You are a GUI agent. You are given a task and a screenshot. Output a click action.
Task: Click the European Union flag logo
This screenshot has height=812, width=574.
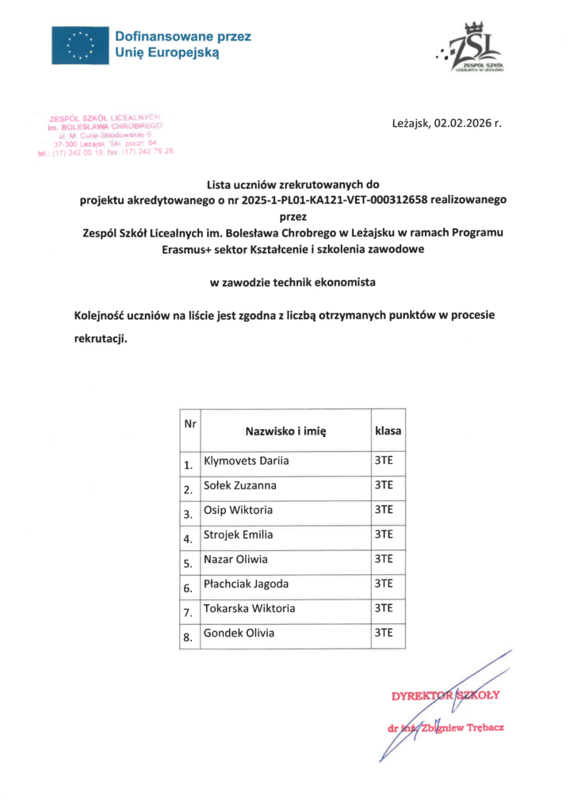pos(78,44)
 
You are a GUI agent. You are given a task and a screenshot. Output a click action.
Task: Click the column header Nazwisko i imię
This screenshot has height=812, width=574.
pos(285,431)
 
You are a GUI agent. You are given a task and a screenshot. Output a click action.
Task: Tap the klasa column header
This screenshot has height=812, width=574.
pos(388,431)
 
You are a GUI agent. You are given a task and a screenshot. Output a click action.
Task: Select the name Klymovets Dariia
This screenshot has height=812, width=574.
pos(247,461)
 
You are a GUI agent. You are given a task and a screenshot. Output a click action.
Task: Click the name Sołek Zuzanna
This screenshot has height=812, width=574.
pos(240,485)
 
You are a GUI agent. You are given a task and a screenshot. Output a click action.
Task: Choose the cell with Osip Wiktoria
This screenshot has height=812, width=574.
pos(239,510)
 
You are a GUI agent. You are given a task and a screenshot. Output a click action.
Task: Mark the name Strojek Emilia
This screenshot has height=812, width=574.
pos(239,534)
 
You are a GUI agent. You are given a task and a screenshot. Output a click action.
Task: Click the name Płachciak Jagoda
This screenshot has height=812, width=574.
pos(246,584)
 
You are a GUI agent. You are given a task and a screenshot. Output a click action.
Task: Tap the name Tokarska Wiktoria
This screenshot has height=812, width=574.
pos(249,609)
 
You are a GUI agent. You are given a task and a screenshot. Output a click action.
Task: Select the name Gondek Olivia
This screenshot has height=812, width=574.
pos(239,634)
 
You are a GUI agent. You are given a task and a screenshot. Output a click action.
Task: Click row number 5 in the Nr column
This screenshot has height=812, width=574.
pos(188,565)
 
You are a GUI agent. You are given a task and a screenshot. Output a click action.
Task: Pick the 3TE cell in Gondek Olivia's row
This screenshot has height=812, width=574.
pos(384,634)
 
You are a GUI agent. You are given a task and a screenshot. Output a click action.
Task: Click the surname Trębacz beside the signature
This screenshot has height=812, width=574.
pos(483,726)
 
